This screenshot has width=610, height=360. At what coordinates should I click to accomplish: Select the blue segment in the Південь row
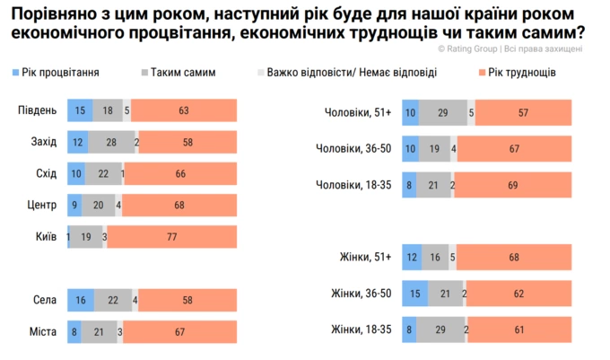[79, 110]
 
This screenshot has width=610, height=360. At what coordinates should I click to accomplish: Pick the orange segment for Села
[187, 301]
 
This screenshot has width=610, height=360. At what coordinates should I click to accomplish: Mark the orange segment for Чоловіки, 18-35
[513, 184]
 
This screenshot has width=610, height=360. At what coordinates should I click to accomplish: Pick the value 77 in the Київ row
[172, 236]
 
